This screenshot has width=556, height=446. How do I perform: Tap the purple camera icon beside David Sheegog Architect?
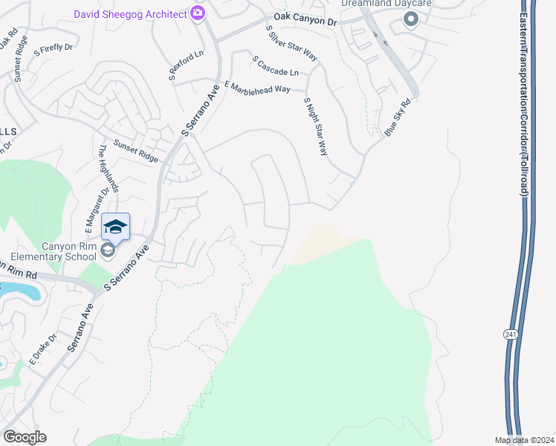pyautogui.click(x=198, y=13)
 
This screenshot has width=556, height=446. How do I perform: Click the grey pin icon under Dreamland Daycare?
pyautogui.click(x=411, y=20)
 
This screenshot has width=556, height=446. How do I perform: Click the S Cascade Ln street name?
pyautogui.click(x=275, y=65)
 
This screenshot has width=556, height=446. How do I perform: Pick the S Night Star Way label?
pyautogui.click(x=316, y=126)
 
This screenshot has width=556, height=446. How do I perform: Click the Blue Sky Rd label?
pyautogui.click(x=398, y=118)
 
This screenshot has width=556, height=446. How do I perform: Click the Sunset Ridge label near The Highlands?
pyautogui.click(x=135, y=152)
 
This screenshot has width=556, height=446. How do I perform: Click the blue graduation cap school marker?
pyautogui.click(x=115, y=227)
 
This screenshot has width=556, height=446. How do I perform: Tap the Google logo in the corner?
pyautogui.click(x=25, y=437)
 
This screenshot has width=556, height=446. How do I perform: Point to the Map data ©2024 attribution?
pyautogui.click(x=523, y=440)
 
